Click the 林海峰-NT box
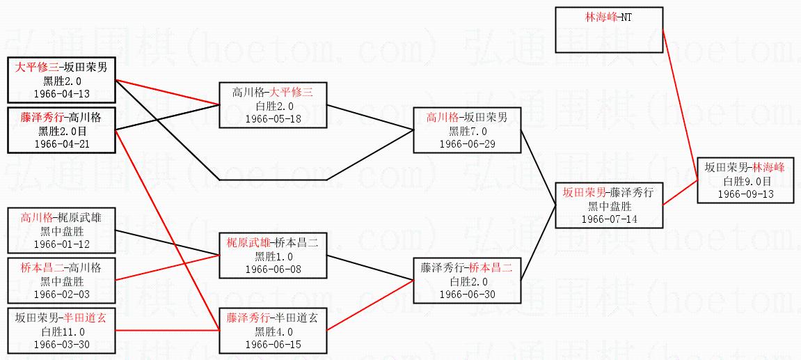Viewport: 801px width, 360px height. [x=608, y=29]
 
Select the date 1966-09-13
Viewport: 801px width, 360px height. [x=745, y=194]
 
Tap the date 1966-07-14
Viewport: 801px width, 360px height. [x=610, y=219]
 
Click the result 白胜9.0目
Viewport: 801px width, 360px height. [x=745, y=181]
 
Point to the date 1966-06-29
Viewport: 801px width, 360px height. [x=466, y=143]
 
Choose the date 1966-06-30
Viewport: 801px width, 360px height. [x=466, y=295]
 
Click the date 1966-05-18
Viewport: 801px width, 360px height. [x=273, y=118]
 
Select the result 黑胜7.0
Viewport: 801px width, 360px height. [x=466, y=131]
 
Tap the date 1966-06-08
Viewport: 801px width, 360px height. [x=273, y=269]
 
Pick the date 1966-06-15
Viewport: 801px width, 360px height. [x=273, y=344]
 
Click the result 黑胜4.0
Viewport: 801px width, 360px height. [x=273, y=331]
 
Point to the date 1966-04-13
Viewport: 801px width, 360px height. [x=61, y=93]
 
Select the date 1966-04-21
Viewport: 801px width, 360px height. [x=61, y=143]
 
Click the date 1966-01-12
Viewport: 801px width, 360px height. [x=61, y=244]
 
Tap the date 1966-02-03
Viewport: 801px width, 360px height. [x=61, y=295]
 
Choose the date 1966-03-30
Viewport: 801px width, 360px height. [x=61, y=344]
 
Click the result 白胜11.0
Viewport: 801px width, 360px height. [x=61, y=331]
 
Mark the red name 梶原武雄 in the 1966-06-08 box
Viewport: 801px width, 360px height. [x=247, y=243]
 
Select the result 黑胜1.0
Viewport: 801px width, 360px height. [x=273, y=256]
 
